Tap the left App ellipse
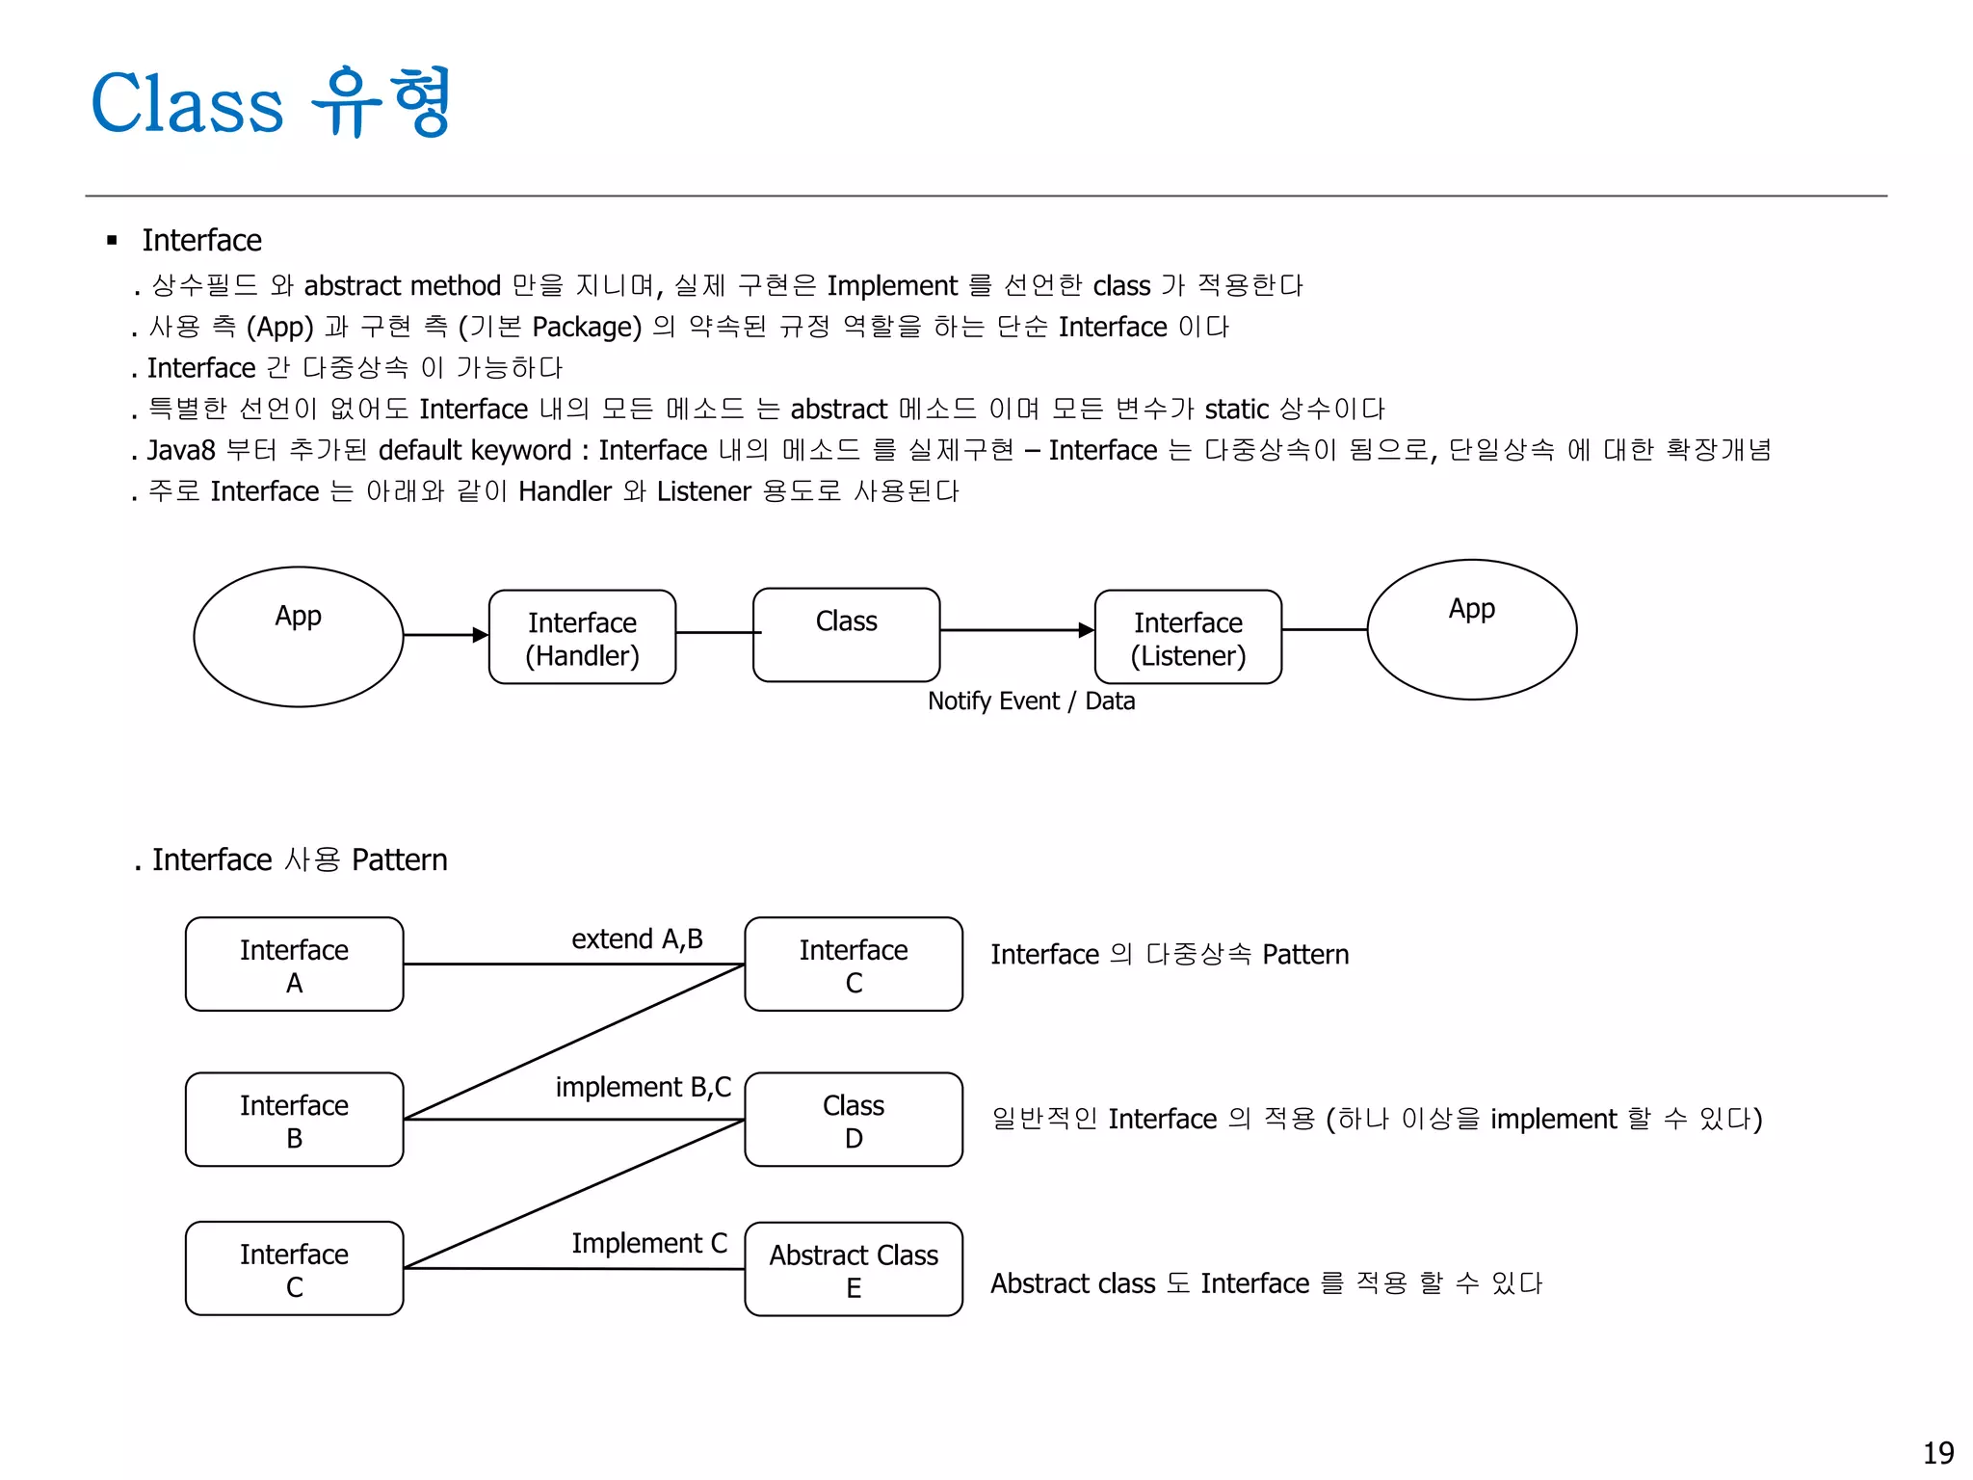[298, 637]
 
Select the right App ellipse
[1471, 630]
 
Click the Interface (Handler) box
[582, 638]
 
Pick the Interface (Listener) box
[1188, 638]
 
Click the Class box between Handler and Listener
[846, 635]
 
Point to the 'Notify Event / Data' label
[1031, 701]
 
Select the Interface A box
[294, 965]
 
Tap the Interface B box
[294, 1120]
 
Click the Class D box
[854, 1120]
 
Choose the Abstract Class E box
[854, 1270]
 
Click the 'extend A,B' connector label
[637, 939]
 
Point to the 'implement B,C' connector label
[644, 1088]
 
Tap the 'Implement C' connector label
[649, 1244]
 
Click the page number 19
[1938, 1453]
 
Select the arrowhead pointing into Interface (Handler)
[481, 635]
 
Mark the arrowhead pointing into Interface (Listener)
[1087, 630]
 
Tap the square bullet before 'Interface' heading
[113, 241]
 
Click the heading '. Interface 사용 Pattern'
[291, 859]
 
